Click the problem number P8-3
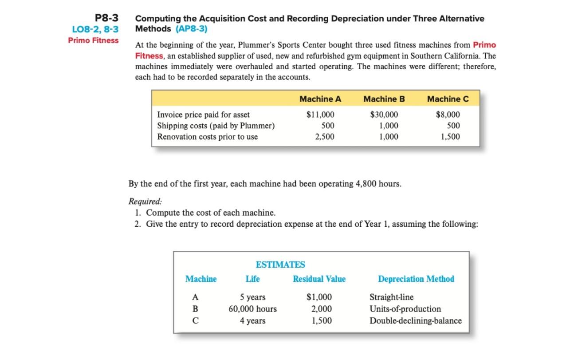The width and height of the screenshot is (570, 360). [107, 18]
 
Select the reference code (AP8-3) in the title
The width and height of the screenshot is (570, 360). [191, 29]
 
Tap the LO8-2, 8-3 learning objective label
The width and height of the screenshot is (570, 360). [95, 30]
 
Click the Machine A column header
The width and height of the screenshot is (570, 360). [320, 99]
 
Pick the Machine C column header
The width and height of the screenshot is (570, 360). [448, 99]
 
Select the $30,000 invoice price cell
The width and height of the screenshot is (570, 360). [384, 115]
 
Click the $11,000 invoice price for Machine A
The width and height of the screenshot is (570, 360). [320, 115]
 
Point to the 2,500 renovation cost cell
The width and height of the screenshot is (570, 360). [325, 137]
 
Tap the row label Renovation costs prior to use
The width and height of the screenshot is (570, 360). [207, 137]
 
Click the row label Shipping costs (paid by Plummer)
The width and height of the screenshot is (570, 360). [216, 126]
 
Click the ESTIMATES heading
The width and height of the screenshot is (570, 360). [280, 265]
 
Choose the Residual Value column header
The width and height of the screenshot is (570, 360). [319, 279]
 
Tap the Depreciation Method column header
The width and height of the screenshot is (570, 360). [416, 279]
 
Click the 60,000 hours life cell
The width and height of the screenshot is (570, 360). [252, 309]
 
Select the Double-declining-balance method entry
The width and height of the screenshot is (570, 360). [416, 320]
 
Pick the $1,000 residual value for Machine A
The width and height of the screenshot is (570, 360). [319, 297]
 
